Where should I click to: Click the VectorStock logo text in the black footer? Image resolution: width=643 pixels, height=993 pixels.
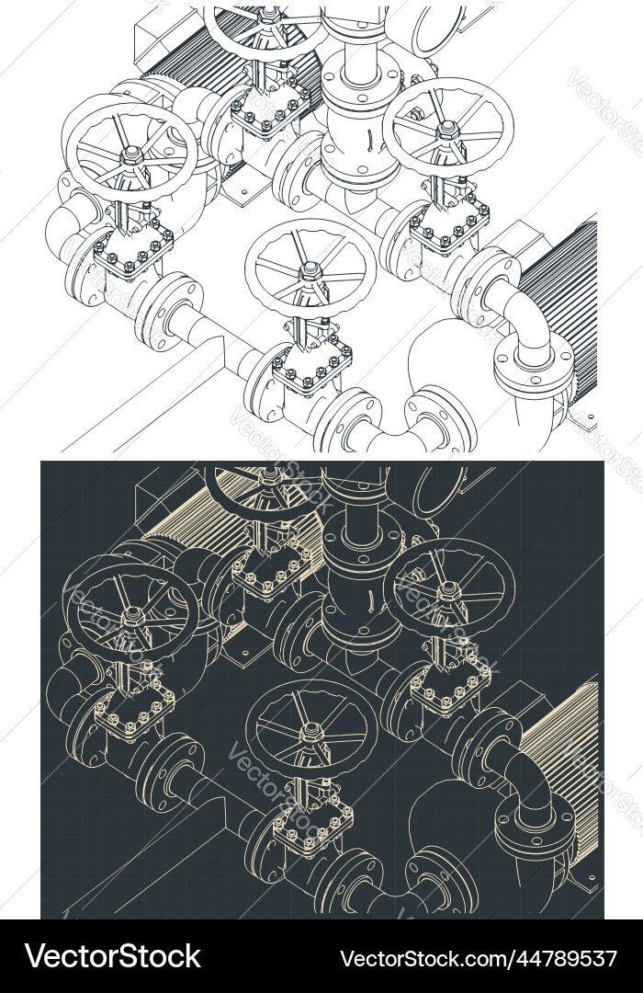[x=113, y=957]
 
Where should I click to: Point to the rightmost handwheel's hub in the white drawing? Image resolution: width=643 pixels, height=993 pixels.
[x=447, y=131]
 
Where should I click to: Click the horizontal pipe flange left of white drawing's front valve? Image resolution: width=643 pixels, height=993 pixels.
[x=170, y=308]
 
